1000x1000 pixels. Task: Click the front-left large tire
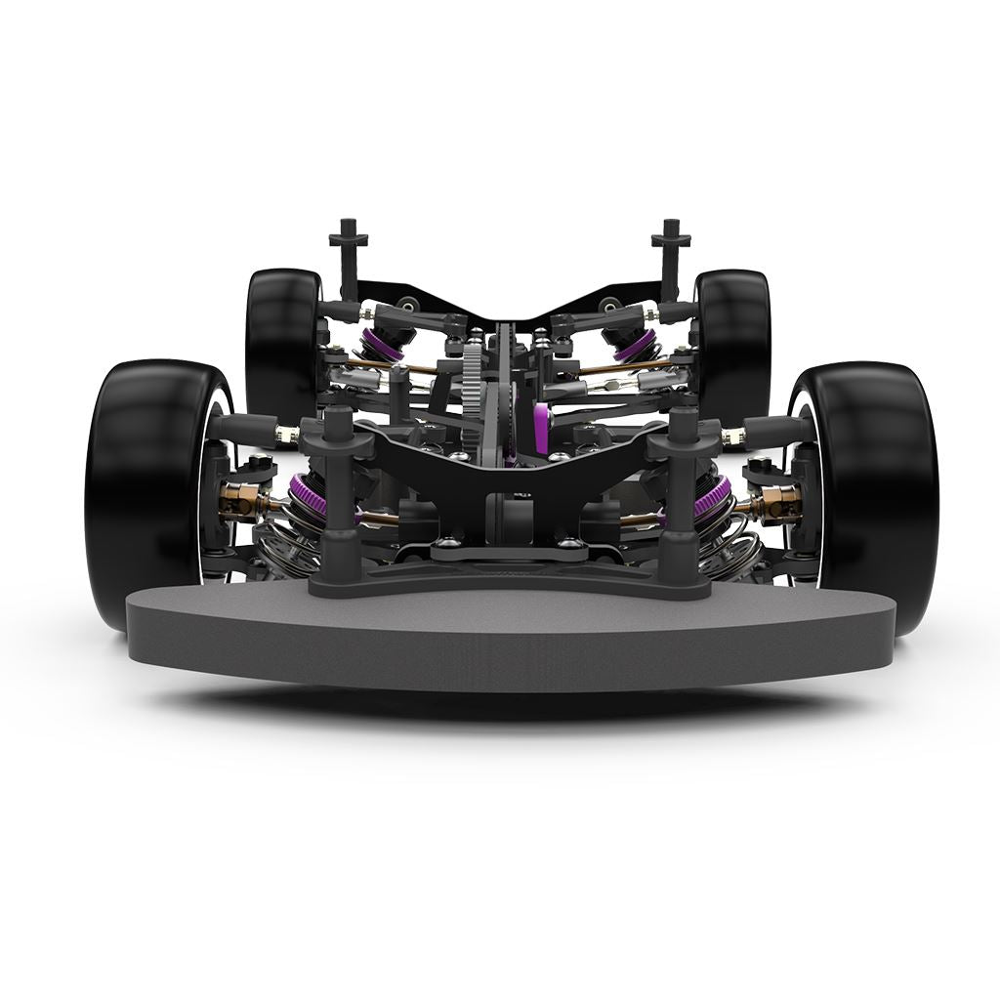pyautogui.click(x=146, y=488)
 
